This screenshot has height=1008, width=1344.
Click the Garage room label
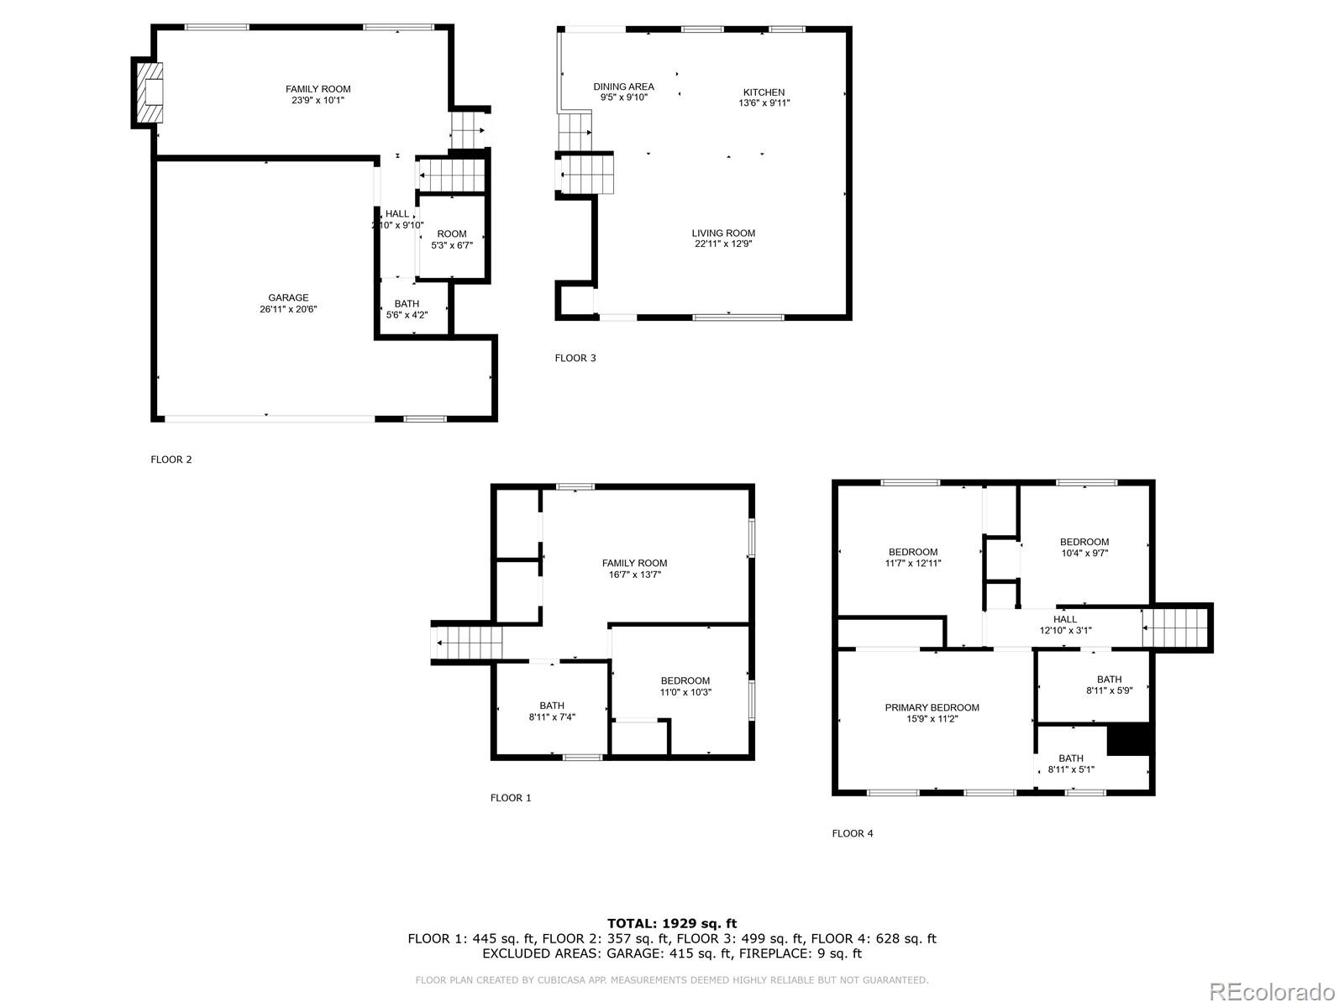click(x=288, y=298)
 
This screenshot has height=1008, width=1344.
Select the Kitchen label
click(x=764, y=92)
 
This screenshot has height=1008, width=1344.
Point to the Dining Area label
click(x=623, y=87)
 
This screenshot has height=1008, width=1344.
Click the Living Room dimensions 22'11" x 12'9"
click(x=723, y=244)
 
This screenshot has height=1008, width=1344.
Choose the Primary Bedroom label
click(x=932, y=707)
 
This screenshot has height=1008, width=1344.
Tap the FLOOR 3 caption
click(x=575, y=358)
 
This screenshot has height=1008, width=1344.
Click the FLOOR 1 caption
click(x=511, y=798)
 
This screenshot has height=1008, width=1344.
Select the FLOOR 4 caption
click(x=853, y=833)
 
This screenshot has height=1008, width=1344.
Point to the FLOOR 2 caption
click(x=171, y=459)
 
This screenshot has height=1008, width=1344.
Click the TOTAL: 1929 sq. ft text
click(x=672, y=924)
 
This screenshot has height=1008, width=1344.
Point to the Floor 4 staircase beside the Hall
click(x=1174, y=627)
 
